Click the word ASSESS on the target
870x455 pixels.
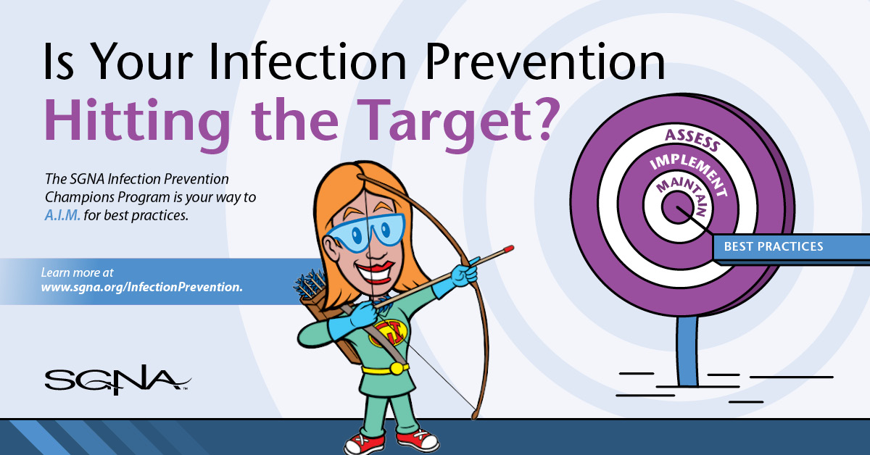692,141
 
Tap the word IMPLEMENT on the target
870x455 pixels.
689,173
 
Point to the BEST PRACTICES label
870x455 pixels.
774,246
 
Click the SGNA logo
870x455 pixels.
117,380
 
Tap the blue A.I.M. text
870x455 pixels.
62,215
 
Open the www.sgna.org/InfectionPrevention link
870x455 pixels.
142,288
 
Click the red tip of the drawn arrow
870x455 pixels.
508,249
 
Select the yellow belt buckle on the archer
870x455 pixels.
397,368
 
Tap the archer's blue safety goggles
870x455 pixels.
366,233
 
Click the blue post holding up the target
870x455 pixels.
687,351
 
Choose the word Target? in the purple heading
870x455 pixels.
458,120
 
